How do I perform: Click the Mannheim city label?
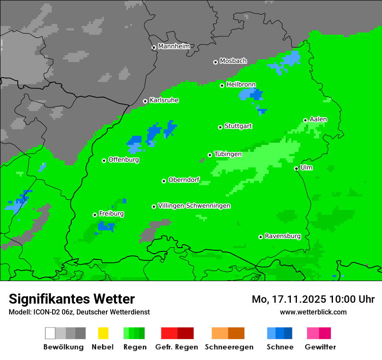[174, 46]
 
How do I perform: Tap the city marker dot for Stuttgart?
[220, 127]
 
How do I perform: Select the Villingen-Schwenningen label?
[194, 206]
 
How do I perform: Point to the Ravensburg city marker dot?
[260, 237]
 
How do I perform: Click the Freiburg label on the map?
[111, 214]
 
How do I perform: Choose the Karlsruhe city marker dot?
[145, 101]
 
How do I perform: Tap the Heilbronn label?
[241, 85]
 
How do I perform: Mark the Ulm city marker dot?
[296, 168]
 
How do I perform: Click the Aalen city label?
[318, 119]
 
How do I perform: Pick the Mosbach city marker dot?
[215, 62]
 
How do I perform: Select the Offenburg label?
[124, 160]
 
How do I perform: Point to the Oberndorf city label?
[184, 180]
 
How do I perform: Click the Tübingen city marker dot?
[210, 155]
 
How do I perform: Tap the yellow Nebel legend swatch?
[103, 333]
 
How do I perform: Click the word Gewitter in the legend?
[320, 347]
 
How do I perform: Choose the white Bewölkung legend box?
[50, 333]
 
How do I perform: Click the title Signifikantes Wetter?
[72, 299]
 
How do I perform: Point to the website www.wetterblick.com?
[313, 312]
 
